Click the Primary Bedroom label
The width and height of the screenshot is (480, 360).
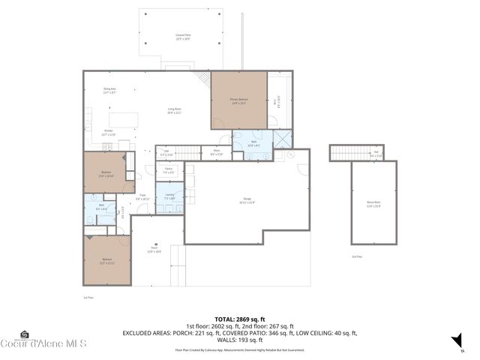tap(239, 101)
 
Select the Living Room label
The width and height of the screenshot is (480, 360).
tap(174, 111)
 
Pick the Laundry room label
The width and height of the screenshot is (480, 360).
tap(169, 197)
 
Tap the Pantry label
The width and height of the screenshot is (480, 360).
tap(169, 170)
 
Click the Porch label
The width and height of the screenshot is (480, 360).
tap(154, 250)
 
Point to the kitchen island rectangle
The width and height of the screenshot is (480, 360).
tap(124, 121)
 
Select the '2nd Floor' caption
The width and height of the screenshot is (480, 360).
tap(355, 256)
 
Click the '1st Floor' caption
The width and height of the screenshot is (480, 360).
tap(88, 297)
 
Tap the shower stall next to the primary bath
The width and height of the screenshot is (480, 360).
tap(283, 139)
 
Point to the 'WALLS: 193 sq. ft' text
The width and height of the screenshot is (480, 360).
tap(239, 340)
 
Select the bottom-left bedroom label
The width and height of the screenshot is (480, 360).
tap(106, 262)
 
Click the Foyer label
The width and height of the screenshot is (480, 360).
tap(141, 197)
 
